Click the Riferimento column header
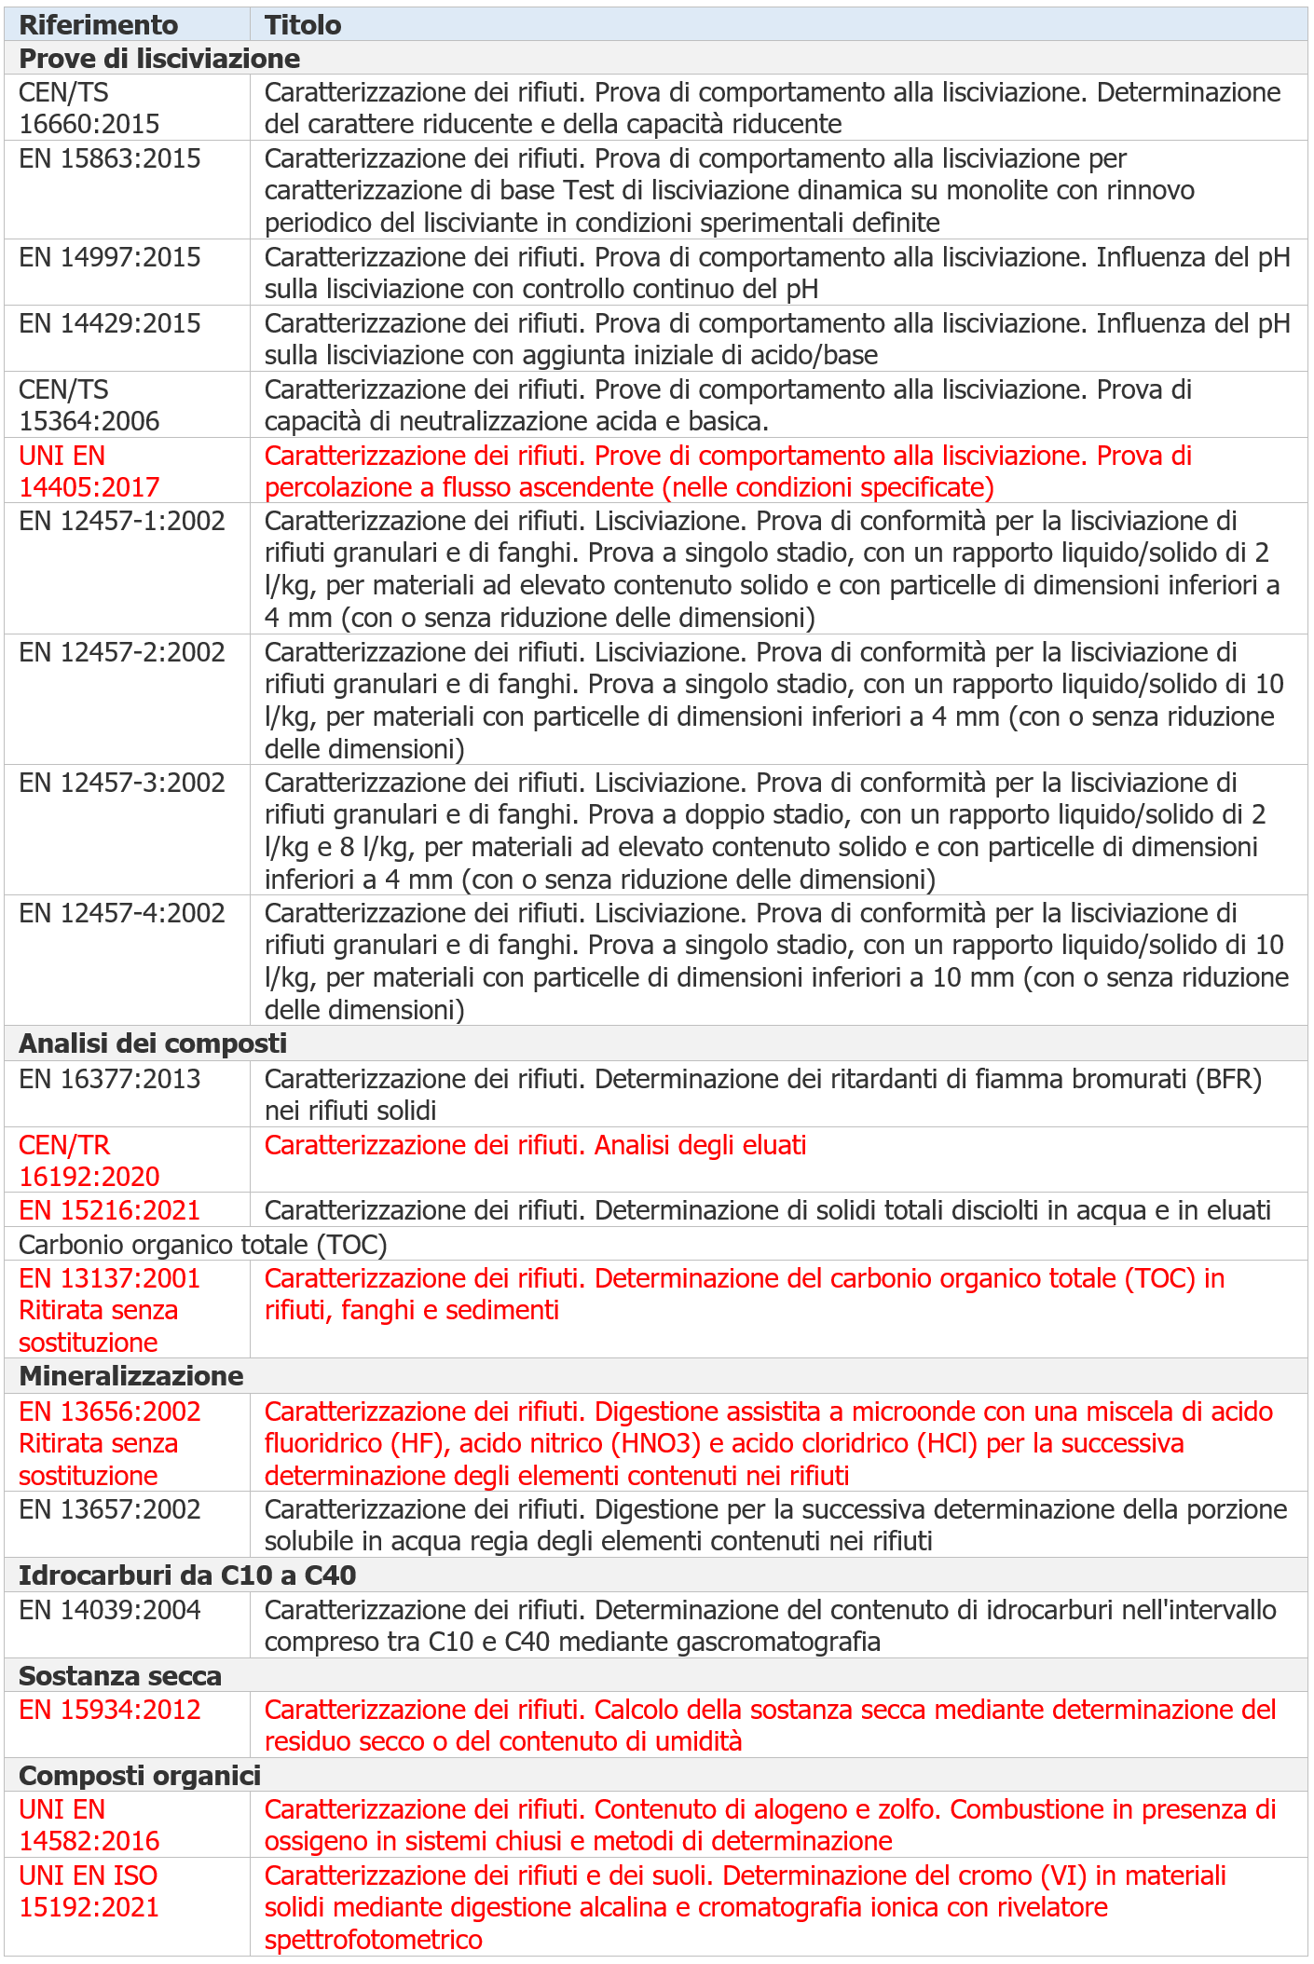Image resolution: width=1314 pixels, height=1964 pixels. [98, 24]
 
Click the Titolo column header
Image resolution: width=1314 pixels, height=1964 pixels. [303, 24]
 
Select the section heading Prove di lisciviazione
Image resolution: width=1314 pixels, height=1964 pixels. [159, 58]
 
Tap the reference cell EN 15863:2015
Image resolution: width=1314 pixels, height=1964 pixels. [110, 158]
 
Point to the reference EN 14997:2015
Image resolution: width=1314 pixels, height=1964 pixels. [110, 257]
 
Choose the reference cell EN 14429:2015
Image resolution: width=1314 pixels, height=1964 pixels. [110, 323]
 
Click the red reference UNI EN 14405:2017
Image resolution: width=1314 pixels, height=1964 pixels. [89, 471]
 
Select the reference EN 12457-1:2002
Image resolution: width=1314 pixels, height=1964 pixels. [122, 521]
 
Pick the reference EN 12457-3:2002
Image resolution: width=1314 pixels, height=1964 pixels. [122, 783]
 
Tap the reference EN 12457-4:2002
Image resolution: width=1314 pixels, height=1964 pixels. [122, 913]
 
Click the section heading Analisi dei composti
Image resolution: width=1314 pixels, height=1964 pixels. [153, 1043]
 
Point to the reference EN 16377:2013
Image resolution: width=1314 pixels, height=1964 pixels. [110, 1079]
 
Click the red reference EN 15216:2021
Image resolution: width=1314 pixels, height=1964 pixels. [110, 1210]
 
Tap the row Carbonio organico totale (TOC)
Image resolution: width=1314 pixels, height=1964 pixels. [202, 1245]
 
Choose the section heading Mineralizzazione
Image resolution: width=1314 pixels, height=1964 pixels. [131, 1376]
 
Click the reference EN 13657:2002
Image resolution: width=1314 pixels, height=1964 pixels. [110, 1509]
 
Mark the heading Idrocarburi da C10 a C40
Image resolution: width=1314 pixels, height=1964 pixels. [187, 1575]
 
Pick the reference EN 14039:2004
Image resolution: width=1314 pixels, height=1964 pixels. [110, 1610]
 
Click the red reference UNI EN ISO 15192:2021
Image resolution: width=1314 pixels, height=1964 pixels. [89, 1891]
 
